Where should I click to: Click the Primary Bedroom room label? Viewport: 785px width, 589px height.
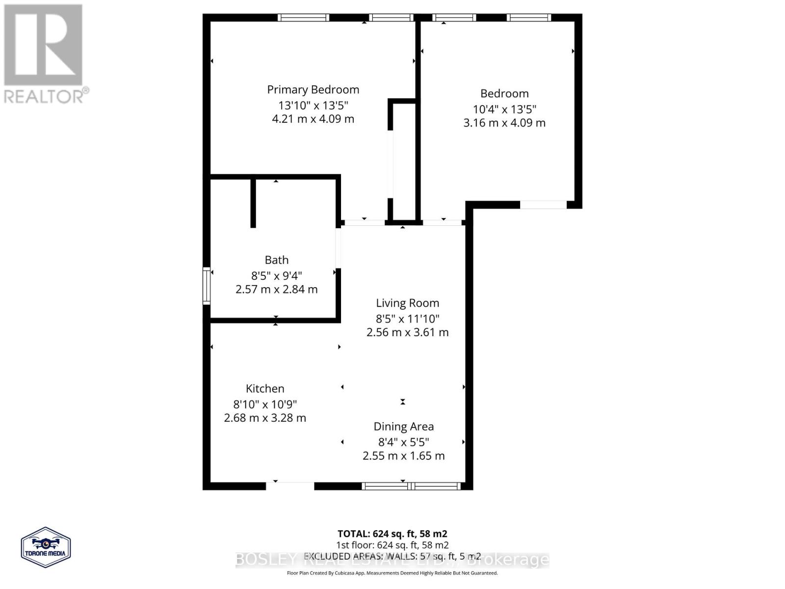coord(313,90)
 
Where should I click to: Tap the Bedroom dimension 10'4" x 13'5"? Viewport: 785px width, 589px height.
coord(504,109)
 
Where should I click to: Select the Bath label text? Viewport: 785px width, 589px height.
coord(277,260)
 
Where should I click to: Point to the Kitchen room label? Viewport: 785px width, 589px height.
coord(265,389)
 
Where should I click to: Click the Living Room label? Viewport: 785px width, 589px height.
coord(407,303)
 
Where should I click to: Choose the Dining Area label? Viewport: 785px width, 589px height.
coord(403,427)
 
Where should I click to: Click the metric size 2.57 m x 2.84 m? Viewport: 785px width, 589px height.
coord(277,290)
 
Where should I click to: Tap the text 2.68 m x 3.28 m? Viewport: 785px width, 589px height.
coord(265,418)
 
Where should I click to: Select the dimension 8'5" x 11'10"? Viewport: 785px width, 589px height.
coord(407,319)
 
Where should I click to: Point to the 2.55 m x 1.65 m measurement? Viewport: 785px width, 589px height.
coord(403,456)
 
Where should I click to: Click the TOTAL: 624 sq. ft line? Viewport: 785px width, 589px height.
coord(392,534)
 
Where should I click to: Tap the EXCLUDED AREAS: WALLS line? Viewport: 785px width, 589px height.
coord(392,556)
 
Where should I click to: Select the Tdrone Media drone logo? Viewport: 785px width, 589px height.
coord(46,547)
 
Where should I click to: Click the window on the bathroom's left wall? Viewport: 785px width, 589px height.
coord(207,286)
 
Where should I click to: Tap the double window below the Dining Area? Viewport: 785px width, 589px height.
coord(411,486)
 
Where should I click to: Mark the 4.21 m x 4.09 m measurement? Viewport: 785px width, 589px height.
coord(313,119)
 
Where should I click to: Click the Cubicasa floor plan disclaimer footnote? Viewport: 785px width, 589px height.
coord(392,573)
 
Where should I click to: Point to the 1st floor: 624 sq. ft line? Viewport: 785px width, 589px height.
coord(392,545)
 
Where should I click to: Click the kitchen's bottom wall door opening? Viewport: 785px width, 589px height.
coord(290,486)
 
